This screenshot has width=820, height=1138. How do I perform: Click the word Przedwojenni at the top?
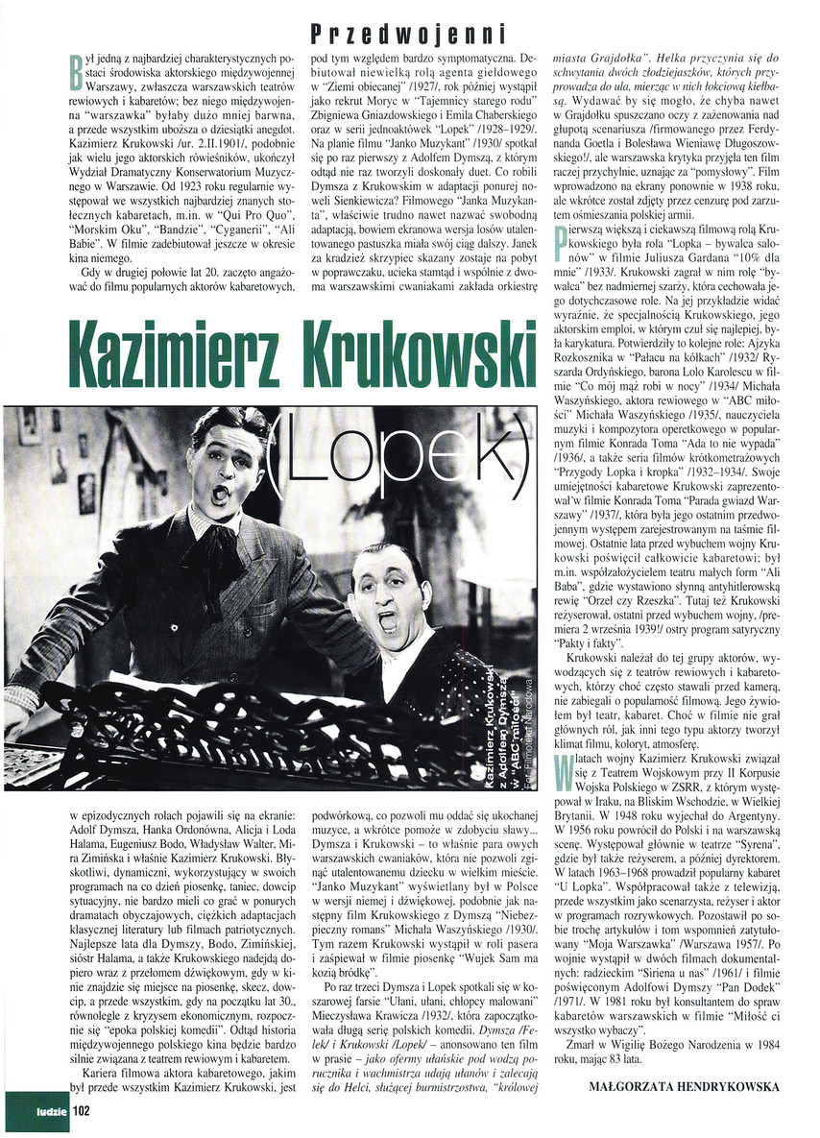coord(407,35)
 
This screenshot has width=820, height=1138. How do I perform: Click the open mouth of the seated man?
coord(390,620)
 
